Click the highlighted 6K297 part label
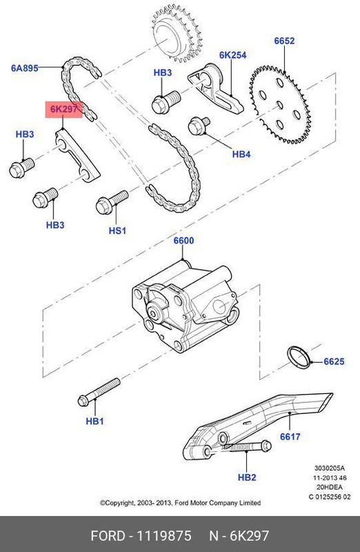coord(65,109)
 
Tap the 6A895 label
coord(24,68)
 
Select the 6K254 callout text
coord(232,55)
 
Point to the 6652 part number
coord(284,41)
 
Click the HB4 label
coord(241,154)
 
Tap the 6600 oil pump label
coord(183,241)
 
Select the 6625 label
coord(334,361)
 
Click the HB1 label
coord(94,421)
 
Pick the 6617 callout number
coord(290,437)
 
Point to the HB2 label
coord(246,477)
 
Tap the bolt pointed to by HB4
coord(199,128)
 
